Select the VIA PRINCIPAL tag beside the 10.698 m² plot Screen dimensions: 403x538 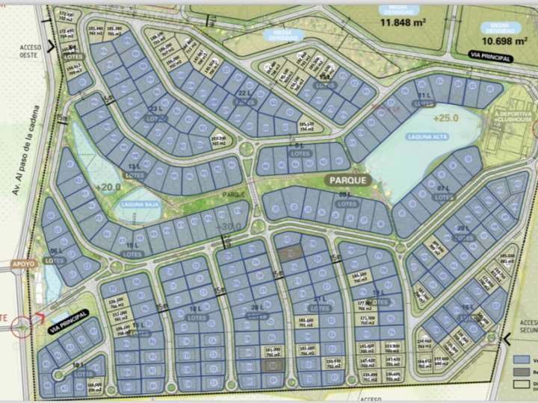coord(490,57)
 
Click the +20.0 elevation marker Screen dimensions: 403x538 coord(108,187)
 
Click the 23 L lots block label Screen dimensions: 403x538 coord(155,116)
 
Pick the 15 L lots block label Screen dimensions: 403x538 coord(134,246)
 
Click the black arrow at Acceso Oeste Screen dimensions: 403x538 coord(50,46)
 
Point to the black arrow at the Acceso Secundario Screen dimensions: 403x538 coord(507,340)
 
